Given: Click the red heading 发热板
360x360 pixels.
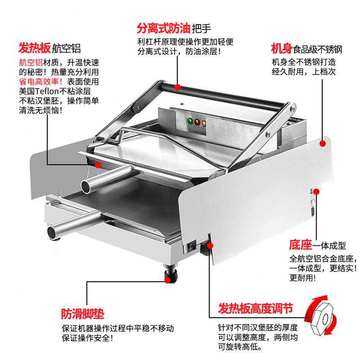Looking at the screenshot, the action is [x=34, y=48].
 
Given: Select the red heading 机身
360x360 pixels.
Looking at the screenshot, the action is [x=281, y=48].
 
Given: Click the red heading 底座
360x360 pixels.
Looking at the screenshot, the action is [x=300, y=245].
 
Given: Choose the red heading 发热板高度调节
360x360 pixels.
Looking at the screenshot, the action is [x=256, y=309].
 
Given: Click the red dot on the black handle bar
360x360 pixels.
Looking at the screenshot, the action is [x=178, y=86].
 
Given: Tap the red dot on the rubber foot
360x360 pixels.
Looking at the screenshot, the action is [x=168, y=279].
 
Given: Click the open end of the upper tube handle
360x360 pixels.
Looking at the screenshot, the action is [x=85, y=185].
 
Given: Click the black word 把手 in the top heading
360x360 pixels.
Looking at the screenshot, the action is [x=201, y=29].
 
